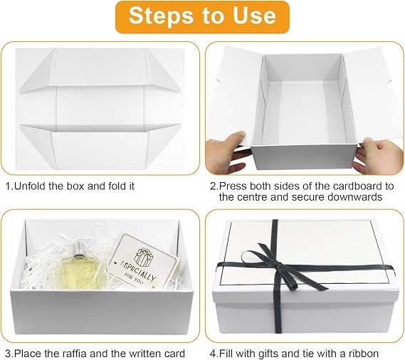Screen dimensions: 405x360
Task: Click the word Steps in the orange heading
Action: pyautogui.click(x=161, y=16)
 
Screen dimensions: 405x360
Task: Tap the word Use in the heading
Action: pyautogui.click(x=254, y=16)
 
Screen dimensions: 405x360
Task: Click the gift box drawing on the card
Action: pyautogui.click(x=144, y=257)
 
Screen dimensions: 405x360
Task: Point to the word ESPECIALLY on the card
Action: pyautogui.click(x=139, y=270)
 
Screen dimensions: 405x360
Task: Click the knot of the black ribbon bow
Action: pyautogui.click(x=278, y=265)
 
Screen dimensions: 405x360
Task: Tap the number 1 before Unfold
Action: pyautogui.click(x=8, y=186)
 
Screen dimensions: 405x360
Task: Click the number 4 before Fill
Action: pyautogui.click(x=213, y=354)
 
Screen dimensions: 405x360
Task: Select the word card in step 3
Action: pyautogui.click(x=174, y=354)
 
